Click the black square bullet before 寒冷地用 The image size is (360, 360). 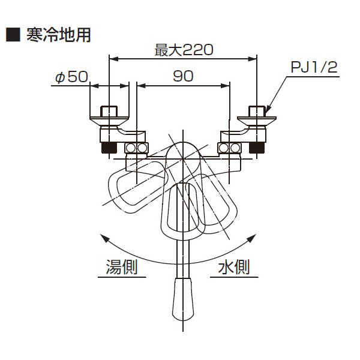(x=13, y=35)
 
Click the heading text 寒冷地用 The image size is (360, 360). (x=59, y=35)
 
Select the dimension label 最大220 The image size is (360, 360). (x=184, y=50)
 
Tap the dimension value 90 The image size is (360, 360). (x=183, y=76)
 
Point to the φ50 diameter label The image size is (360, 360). (x=71, y=77)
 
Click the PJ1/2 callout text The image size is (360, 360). (x=314, y=67)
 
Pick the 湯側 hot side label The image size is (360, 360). (x=122, y=267)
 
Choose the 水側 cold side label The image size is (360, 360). (x=234, y=267)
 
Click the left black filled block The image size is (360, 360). (x=109, y=148)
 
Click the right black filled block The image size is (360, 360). (x=257, y=148)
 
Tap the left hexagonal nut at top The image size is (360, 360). (x=109, y=112)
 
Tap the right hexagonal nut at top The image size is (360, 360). (x=257, y=112)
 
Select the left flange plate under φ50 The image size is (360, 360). (x=109, y=121)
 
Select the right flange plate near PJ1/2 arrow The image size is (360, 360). (x=257, y=121)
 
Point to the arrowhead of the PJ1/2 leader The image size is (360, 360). (x=268, y=110)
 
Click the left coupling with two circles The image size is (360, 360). (x=136, y=148)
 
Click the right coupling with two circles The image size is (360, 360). (x=229, y=148)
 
